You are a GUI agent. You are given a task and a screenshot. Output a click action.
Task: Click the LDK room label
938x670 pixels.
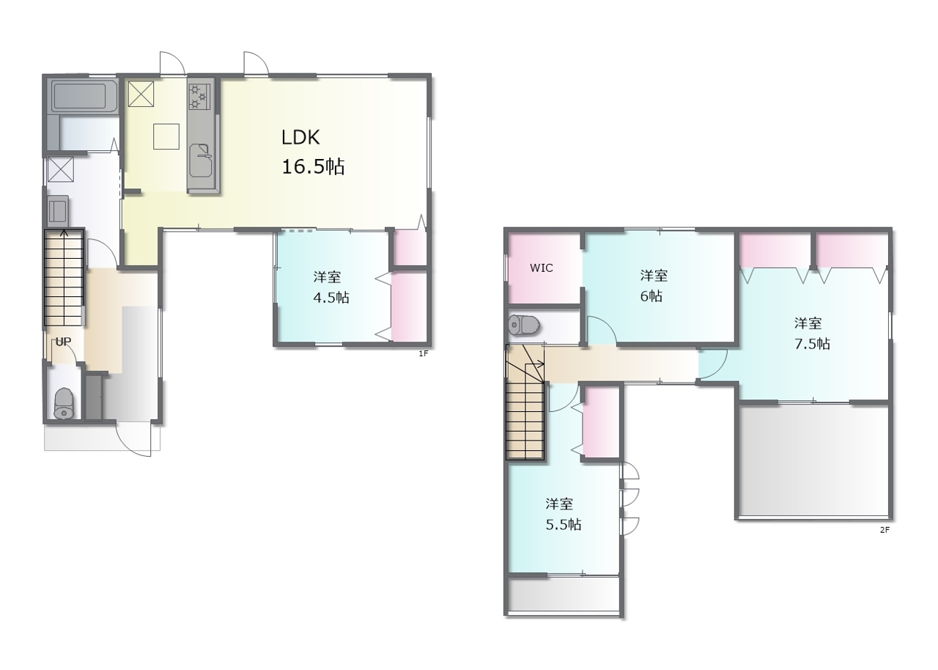(300, 137)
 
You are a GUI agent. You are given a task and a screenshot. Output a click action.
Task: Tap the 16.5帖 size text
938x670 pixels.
(313, 166)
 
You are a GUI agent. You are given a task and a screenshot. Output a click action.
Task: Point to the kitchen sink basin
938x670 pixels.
(201, 161)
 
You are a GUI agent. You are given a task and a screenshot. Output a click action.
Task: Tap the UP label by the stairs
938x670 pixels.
(63, 342)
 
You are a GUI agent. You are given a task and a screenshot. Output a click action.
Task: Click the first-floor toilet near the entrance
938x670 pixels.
(64, 403)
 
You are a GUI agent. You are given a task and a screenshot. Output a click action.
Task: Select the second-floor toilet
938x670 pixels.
(524, 325)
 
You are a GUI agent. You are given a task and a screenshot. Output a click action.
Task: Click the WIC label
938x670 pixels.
(541, 268)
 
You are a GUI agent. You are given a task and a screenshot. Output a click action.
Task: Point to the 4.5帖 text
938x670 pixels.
(330, 298)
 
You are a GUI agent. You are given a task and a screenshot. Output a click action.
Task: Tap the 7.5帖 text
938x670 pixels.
(812, 344)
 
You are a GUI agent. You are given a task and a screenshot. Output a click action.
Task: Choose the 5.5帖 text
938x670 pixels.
(564, 524)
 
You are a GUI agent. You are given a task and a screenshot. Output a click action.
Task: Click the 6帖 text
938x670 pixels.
(651, 296)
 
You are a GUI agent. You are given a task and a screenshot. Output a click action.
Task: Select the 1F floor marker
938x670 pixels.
(424, 354)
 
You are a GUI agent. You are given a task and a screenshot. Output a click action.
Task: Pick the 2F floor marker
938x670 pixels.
(885, 530)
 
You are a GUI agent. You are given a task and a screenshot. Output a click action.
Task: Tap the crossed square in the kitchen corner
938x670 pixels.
(141, 95)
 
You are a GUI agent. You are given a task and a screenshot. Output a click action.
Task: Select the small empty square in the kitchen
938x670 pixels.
(166, 136)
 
